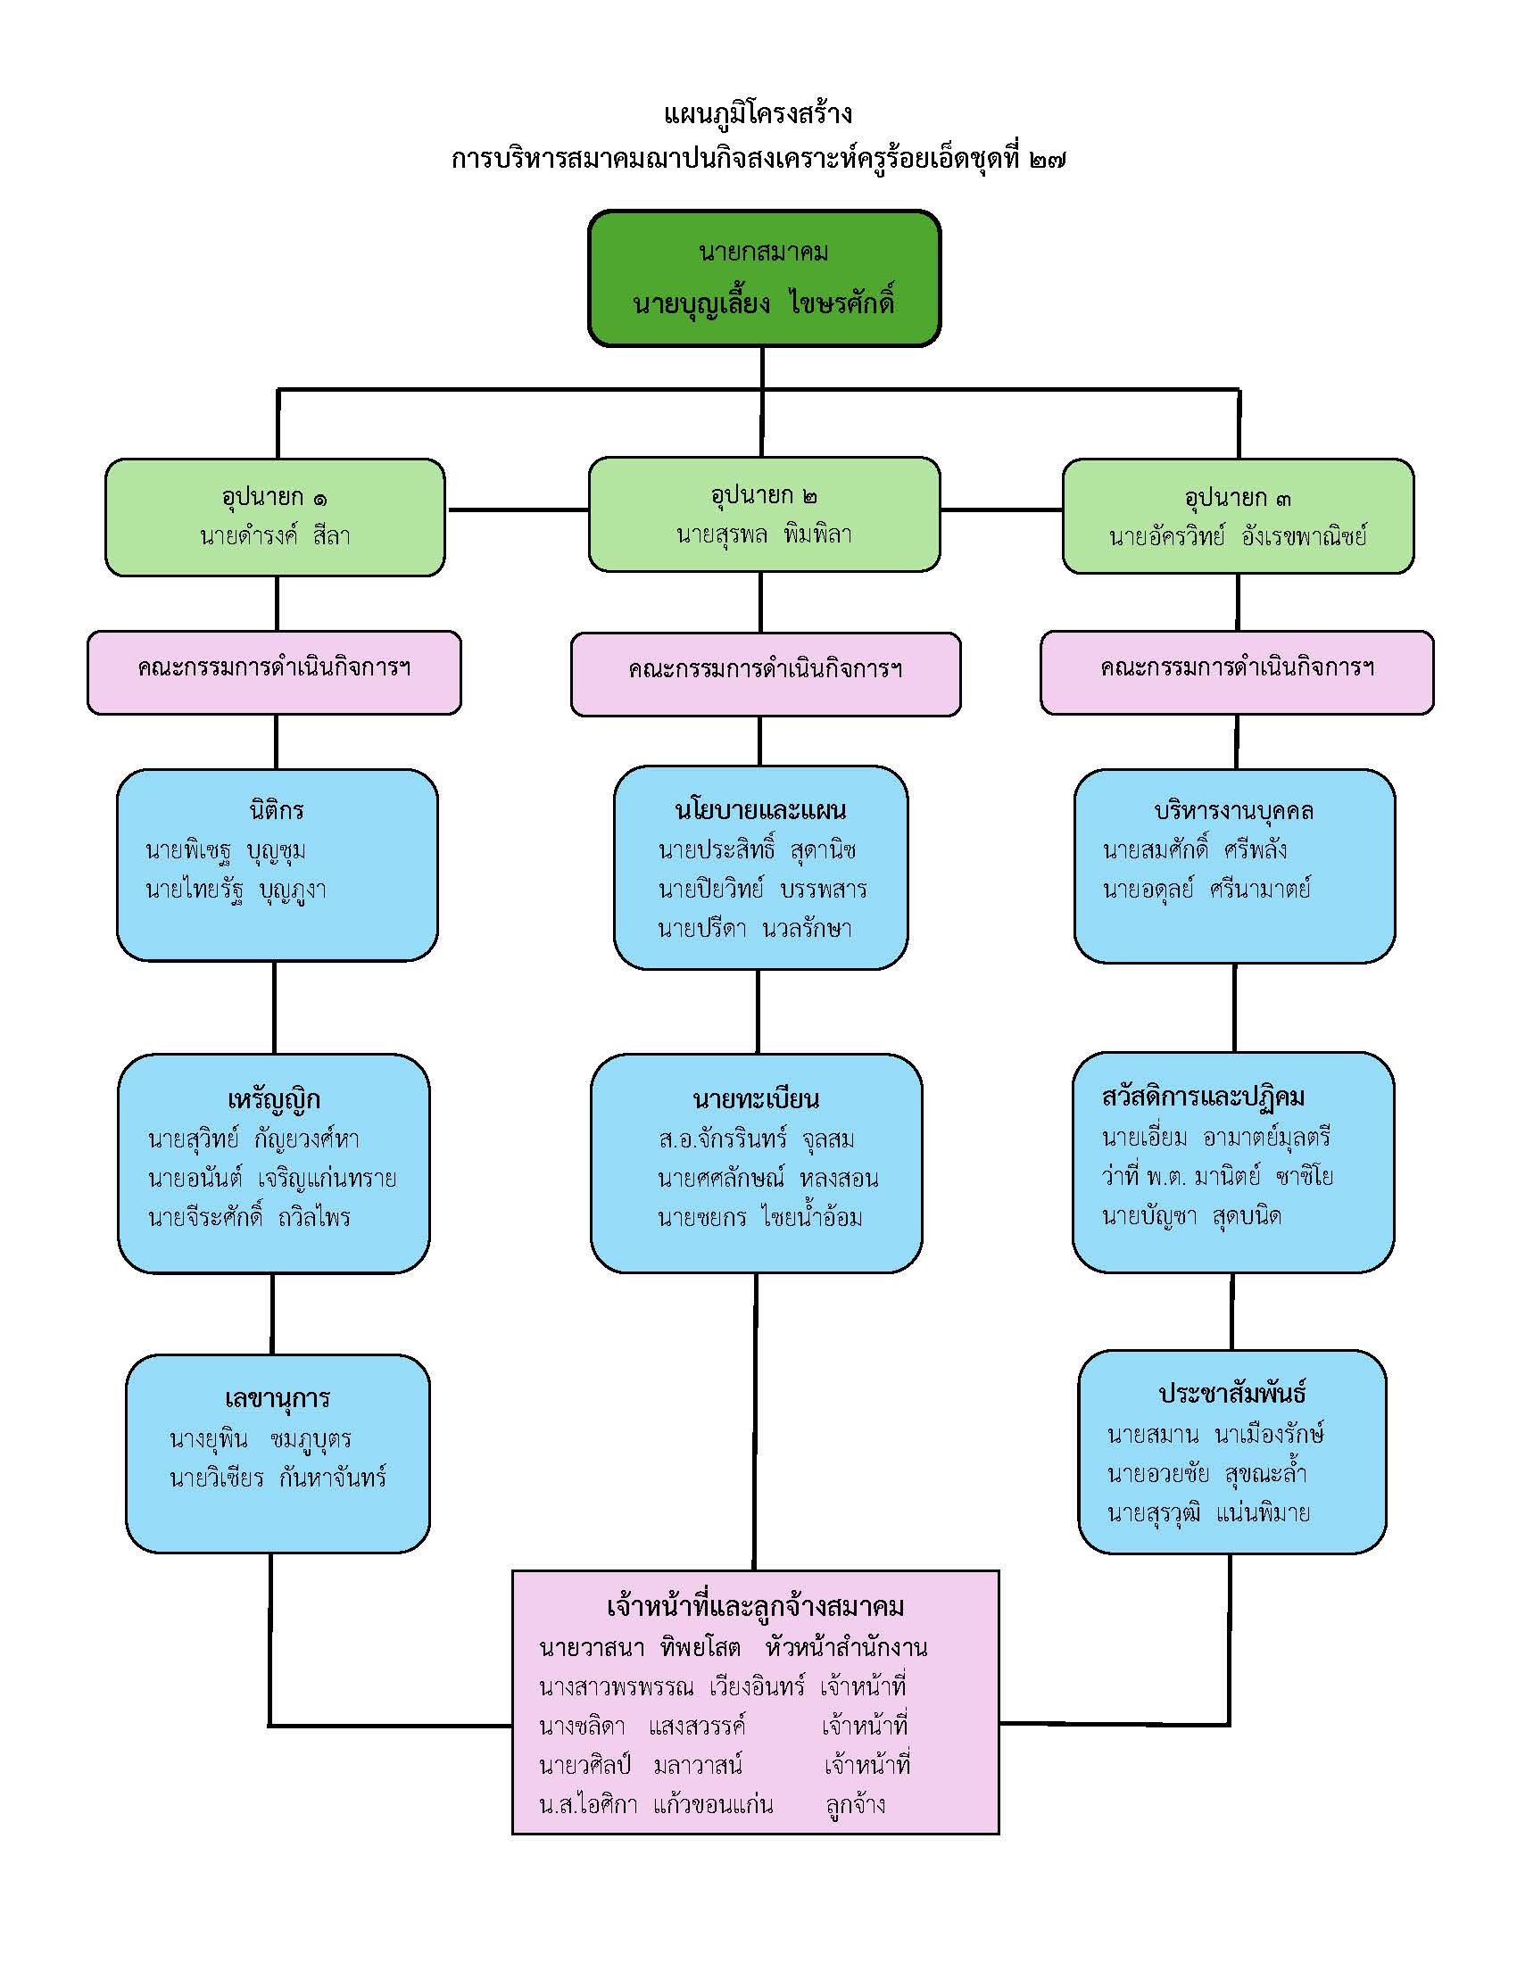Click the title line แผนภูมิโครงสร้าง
[x=758, y=114]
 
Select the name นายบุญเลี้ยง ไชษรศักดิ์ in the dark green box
[x=763, y=302]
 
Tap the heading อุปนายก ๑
[x=274, y=496]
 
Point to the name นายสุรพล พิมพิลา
[x=763, y=534]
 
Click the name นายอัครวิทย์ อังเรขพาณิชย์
[x=1238, y=536]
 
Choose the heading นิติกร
[x=277, y=810]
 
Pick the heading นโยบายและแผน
[x=760, y=810]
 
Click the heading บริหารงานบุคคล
[x=1234, y=811]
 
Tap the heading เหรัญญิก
[x=274, y=1099]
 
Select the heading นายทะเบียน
[x=756, y=1098]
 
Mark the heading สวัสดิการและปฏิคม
[x=1204, y=1097]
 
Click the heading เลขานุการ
[x=278, y=1398]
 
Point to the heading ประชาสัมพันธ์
[x=1232, y=1394]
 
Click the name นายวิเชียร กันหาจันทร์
[x=278, y=1478]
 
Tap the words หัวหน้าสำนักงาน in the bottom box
[x=847, y=1647]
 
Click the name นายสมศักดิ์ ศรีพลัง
[x=1195, y=849]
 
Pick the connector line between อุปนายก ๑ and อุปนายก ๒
[x=518, y=509]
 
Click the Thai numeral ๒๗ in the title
[x=1048, y=160]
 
